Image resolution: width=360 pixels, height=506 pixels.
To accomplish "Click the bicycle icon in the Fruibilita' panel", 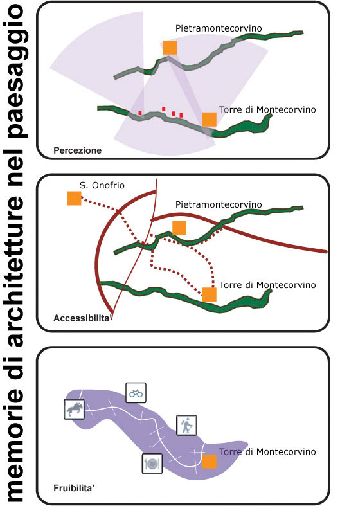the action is point(136,393).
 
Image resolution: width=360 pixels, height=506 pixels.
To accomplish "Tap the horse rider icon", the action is point(75,409).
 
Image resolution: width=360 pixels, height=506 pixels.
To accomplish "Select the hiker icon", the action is point(186,426).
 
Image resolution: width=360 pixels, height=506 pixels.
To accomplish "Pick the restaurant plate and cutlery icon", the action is point(152,464).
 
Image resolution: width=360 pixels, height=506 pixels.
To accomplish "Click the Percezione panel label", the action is point(77,150).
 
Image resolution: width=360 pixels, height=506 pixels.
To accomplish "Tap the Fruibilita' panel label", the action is point(74,488).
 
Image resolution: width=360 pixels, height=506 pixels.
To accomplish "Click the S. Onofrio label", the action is point(102,185).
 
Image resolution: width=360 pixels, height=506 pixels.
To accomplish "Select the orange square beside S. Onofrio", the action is point(74,198).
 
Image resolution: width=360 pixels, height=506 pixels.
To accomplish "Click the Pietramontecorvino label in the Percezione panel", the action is point(219,28).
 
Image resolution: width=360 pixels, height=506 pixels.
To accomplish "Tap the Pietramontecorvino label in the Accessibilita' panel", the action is point(219,204).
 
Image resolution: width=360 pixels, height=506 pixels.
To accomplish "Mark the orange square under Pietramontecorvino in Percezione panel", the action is point(170,48).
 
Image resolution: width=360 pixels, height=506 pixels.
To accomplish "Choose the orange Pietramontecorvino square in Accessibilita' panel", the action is point(179,228).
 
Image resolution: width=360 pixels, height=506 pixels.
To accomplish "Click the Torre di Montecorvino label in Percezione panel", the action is point(267,110).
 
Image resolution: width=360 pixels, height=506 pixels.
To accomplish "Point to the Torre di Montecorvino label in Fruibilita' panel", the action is point(267,452).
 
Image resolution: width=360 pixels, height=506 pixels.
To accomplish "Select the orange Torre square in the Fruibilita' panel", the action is point(210,462).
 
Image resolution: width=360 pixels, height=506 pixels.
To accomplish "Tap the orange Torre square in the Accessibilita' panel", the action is point(210,294).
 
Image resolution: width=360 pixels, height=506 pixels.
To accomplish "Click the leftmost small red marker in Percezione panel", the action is point(140,113).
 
